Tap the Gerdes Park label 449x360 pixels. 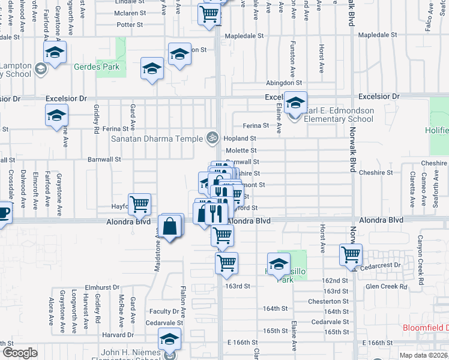pos(96,67)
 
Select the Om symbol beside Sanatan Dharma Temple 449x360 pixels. pos(211,138)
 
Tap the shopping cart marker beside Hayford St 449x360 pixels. pos(139,204)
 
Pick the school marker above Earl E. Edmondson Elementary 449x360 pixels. pos(295,103)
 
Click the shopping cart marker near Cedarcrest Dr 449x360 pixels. pos(351,254)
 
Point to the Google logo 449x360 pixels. pos(20,353)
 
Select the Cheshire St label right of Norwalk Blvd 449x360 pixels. pos(376,173)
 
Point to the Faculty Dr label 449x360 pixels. pos(164,311)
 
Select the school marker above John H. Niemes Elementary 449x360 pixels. pos(170,340)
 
